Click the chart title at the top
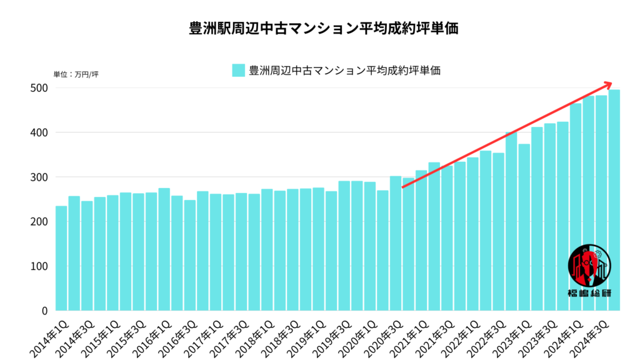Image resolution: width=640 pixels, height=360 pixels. pyautogui.click(x=319, y=29)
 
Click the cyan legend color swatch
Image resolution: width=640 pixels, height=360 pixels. pyautogui.click(x=238, y=70)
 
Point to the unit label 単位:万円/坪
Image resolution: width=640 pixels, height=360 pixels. pyautogui.click(x=76, y=75)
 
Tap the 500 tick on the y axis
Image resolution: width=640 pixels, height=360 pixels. pyautogui.click(x=40, y=88)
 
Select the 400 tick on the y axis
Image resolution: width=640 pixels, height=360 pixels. pyautogui.click(x=40, y=132)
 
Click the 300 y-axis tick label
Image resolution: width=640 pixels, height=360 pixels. pyautogui.click(x=40, y=177)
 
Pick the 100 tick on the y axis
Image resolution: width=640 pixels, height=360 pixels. pyautogui.click(x=40, y=266)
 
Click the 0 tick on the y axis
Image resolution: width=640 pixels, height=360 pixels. pyautogui.click(x=44, y=311)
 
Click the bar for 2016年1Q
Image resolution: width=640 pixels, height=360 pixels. pyautogui.click(x=164, y=249)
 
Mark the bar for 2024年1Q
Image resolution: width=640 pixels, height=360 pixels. pyautogui.click(x=576, y=207)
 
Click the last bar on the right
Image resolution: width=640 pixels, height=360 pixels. pyautogui.click(x=614, y=200)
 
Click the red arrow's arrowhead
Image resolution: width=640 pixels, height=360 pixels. pyautogui.click(x=608, y=84)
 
